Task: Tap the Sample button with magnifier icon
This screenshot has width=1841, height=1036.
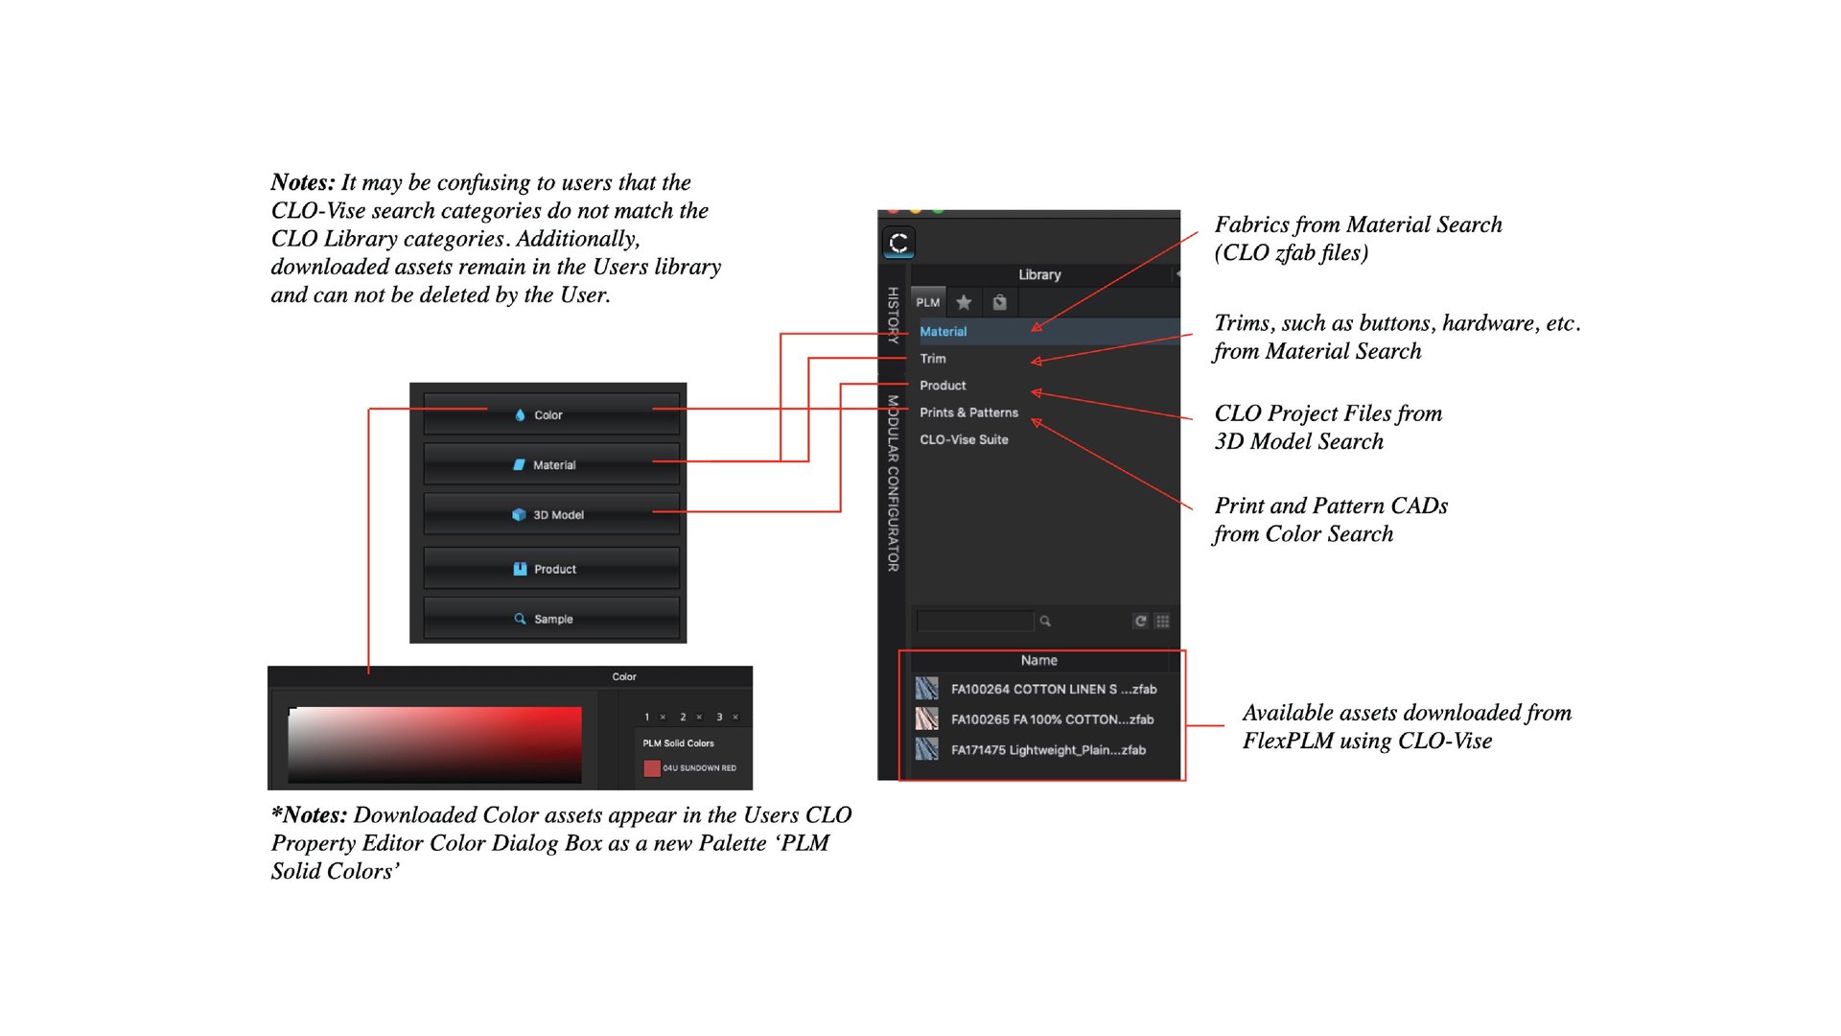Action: pyautogui.click(x=550, y=619)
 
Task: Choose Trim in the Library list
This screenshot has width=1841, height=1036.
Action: pyautogui.click(x=933, y=359)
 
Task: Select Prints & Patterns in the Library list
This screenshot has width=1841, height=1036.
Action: pyautogui.click(x=968, y=412)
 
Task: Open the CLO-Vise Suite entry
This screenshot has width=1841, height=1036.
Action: pyautogui.click(x=964, y=439)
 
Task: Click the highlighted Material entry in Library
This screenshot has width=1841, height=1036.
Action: pyautogui.click(x=944, y=332)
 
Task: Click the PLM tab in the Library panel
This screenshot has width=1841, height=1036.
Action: pyautogui.click(x=927, y=302)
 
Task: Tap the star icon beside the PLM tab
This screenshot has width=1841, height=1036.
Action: pyautogui.click(x=964, y=302)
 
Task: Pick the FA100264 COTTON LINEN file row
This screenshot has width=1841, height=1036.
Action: pyautogui.click(x=1053, y=689)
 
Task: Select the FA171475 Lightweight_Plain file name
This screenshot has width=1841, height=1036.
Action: pyautogui.click(x=1048, y=750)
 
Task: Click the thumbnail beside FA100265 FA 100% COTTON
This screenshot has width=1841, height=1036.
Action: pyautogui.click(x=926, y=719)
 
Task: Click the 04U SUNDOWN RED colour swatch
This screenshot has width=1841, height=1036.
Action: pyautogui.click(x=652, y=768)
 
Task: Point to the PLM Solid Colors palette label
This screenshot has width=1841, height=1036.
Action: pyautogui.click(x=678, y=743)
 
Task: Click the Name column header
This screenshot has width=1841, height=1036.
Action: pyautogui.click(x=1038, y=660)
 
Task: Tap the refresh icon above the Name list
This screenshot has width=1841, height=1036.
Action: pyautogui.click(x=1140, y=621)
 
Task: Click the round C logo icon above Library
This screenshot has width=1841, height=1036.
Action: pyautogui.click(x=898, y=243)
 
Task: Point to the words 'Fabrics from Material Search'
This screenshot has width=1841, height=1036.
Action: pyautogui.click(x=1358, y=224)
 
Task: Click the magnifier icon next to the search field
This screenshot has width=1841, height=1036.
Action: pyautogui.click(x=1045, y=621)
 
